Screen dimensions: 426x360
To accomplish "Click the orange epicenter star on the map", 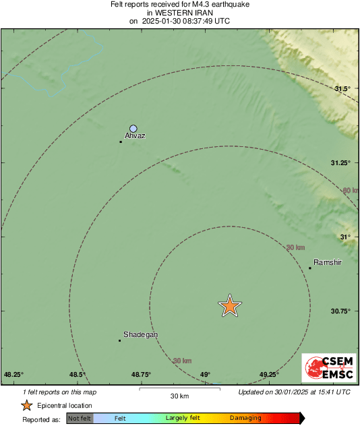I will [x=230, y=306].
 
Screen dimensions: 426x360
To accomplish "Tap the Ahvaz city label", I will [x=136, y=136].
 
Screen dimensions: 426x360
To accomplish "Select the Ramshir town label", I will [x=328, y=262].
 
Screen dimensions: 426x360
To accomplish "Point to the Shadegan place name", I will [x=140, y=335].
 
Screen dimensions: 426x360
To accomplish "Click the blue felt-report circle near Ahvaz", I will [x=133, y=128].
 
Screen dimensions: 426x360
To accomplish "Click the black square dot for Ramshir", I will [x=310, y=268].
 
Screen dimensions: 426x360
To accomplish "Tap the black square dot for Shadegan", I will [x=120, y=340].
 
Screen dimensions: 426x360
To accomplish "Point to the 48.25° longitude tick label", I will [x=13, y=375].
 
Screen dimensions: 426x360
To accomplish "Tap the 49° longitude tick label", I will [x=205, y=375].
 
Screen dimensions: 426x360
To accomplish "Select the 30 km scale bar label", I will [x=179, y=396].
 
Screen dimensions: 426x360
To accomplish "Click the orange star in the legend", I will [x=26, y=406].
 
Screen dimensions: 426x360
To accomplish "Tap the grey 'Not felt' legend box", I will [x=80, y=419].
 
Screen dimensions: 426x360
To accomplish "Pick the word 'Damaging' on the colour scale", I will [x=245, y=419].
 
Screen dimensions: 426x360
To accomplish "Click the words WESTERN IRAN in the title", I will [x=179, y=13].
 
